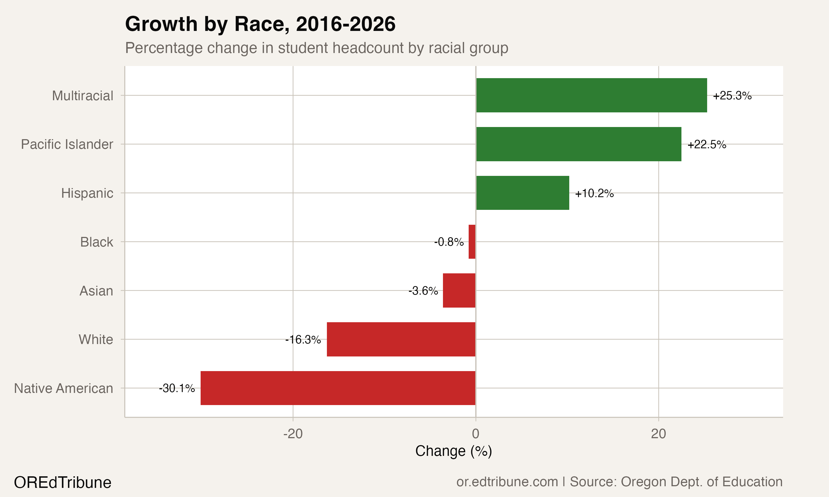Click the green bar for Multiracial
click(591, 96)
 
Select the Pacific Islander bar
click(579, 144)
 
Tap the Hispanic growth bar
click(522, 193)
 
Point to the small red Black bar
click(472, 242)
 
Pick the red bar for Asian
click(459, 290)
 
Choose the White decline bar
click(401, 339)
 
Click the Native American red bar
click(338, 388)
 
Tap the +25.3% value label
click(732, 96)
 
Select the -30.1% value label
click(177, 388)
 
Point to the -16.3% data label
click(303, 340)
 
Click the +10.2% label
click(594, 194)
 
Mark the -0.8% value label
click(449, 242)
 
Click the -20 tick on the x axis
click(293, 434)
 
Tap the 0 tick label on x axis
click(476, 434)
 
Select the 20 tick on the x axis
click(659, 434)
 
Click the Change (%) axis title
click(453, 451)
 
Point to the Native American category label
click(64, 388)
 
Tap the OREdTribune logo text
click(63, 483)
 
